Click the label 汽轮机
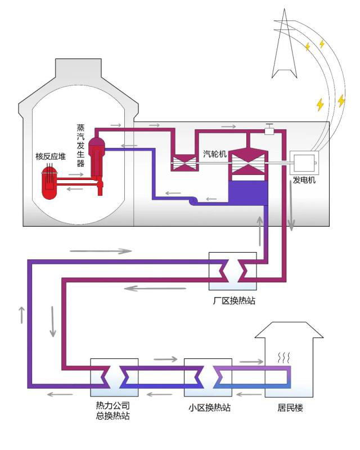[214, 154]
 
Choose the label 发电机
[304, 181]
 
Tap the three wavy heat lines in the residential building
[285, 357]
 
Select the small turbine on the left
[183, 163]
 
